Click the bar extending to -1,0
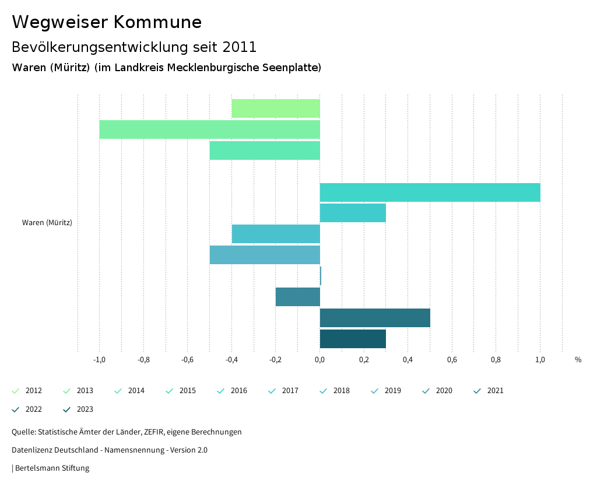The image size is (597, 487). click(210, 129)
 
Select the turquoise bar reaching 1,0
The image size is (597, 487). click(430, 192)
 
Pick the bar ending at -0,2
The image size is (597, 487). click(298, 297)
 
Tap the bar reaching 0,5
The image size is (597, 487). click(375, 318)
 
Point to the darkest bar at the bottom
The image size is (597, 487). click(353, 339)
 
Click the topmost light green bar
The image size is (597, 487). click(276, 108)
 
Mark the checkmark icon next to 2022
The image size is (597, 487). click(16, 409)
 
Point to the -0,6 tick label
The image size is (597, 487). click(187, 359)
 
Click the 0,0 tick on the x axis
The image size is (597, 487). click(320, 359)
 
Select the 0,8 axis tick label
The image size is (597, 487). click(496, 359)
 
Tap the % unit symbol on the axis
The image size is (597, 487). click(578, 359)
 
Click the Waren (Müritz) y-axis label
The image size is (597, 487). click(47, 222)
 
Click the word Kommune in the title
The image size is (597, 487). click(157, 22)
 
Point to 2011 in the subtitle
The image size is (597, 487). click(239, 47)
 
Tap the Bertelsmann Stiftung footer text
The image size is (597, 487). click(52, 468)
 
